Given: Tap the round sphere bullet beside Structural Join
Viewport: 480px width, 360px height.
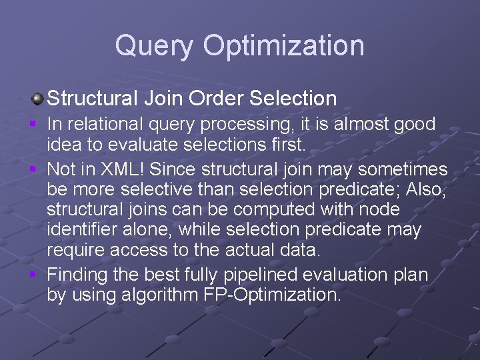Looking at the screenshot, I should click(38, 99).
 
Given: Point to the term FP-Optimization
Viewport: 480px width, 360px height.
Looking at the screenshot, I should click(271, 295).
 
